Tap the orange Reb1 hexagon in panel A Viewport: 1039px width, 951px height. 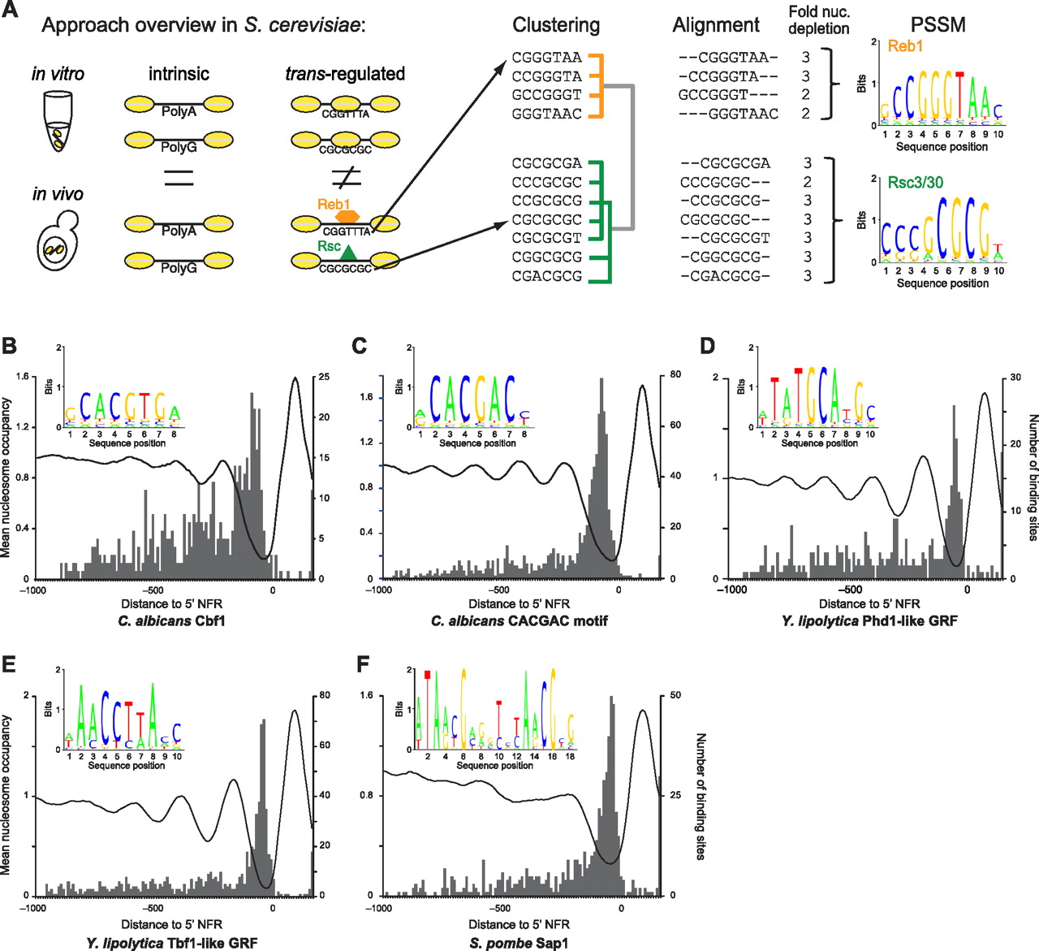click(348, 217)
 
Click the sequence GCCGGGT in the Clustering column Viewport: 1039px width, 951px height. click(546, 95)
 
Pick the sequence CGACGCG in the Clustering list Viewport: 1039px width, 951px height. click(546, 276)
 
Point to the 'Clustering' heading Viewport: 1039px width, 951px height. click(556, 25)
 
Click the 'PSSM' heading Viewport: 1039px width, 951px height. click(938, 24)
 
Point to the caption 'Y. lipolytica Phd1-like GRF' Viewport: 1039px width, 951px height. click(869, 621)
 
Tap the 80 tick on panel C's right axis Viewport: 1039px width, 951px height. click(675, 375)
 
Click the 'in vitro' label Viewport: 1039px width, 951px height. click(58, 74)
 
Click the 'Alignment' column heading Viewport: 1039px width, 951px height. click(716, 25)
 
